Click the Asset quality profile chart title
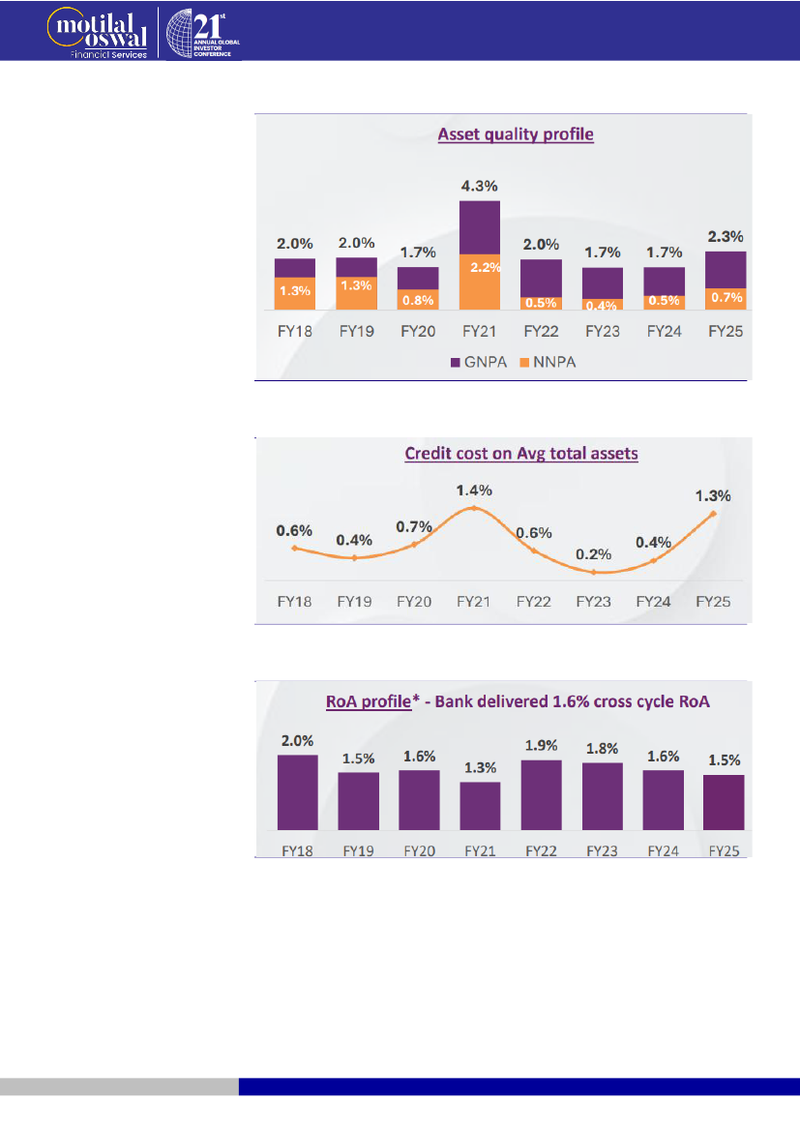pos(516,134)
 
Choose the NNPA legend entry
pos(547,363)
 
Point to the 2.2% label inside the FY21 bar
pos(480,267)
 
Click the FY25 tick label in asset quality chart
pos(726,331)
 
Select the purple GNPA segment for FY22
pos(542,276)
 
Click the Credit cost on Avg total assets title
pos(521,454)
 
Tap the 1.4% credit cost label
pos(474,491)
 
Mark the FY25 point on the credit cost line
pos(714,514)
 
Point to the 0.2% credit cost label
pos(594,554)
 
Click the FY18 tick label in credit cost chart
pos(295,601)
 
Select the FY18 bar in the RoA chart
pos(298,792)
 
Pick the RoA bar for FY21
pos(480,806)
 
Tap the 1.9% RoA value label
pos(541,745)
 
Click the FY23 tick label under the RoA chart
pos(602,852)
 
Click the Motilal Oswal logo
pos(97,30)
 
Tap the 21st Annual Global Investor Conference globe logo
pos(204,31)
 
